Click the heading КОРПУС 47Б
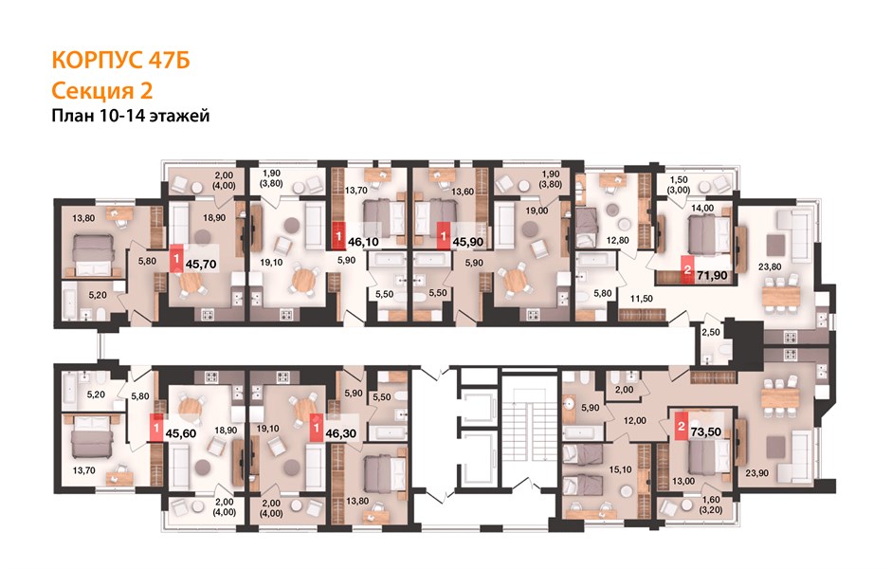(120, 61)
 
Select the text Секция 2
(102, 90)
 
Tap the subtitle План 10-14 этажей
(131, 116)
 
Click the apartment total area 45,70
(201, 264)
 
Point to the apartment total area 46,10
(363, 242)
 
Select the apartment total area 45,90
(467, 242)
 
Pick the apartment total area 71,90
(712, 275)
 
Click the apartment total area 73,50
(706, 431)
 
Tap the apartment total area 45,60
(181, 433)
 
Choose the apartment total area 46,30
(340, 433)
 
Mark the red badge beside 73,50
(681, 426)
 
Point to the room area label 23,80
(770, 266)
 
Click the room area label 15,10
(620, 470)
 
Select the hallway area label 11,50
(641, 299)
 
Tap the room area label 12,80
(618, 240)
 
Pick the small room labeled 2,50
(711, 342)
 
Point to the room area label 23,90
(757, 473)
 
